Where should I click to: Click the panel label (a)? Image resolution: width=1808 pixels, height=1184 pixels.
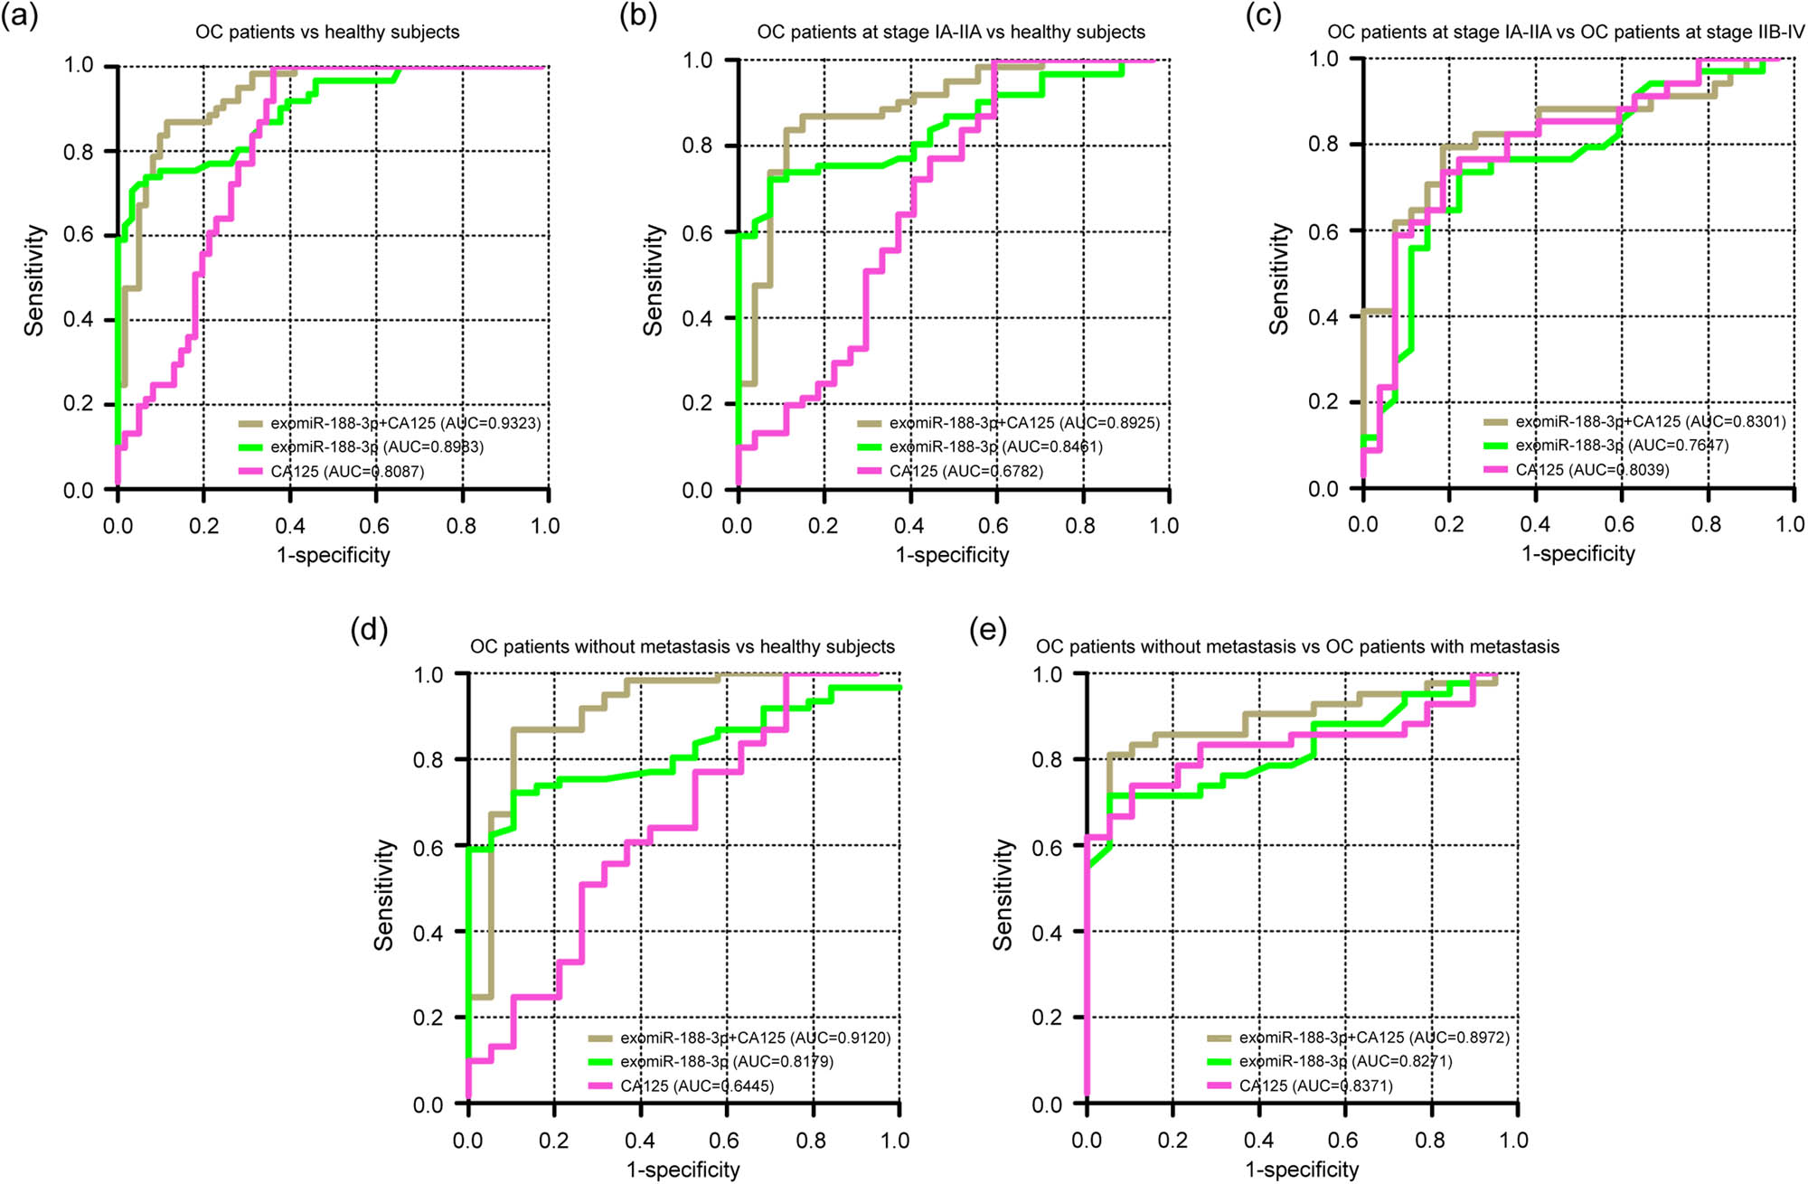click(19, 16)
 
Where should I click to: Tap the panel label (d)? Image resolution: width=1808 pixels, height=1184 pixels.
click(369, 630)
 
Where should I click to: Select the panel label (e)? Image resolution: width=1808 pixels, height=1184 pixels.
click(987, 630)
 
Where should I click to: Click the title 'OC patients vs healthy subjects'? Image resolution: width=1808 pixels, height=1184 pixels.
click(327, 33)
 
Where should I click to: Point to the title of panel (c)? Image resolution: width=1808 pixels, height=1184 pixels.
click(1566, 33)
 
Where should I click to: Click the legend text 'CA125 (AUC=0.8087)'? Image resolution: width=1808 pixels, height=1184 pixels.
click(347, 472)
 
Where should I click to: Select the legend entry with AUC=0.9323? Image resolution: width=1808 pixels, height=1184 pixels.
click(405, 423)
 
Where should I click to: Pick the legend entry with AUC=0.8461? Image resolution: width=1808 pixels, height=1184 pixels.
click(995, 447)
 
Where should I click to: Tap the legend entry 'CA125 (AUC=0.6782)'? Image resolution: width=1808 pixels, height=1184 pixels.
click(965, 472)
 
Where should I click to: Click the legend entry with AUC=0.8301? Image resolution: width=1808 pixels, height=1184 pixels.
click(1650, 422)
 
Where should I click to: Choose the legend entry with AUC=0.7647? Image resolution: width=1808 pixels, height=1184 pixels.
click(1622, 446)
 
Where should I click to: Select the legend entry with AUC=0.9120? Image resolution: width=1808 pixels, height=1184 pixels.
click(755, 1038)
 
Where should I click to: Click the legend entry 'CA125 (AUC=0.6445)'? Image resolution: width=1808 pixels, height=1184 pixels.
click(696, 1086)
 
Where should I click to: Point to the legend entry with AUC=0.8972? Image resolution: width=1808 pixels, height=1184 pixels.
click(1374, 1038)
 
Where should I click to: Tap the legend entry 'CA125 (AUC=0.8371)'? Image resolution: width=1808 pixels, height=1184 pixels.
click(1315, 1086)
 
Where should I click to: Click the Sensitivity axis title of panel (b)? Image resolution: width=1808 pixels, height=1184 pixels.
click(653, 280)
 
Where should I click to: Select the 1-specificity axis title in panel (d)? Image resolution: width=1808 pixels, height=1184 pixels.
click(683, 1170)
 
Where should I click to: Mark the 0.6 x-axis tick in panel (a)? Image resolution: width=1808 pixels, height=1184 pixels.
click(375, 526)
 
